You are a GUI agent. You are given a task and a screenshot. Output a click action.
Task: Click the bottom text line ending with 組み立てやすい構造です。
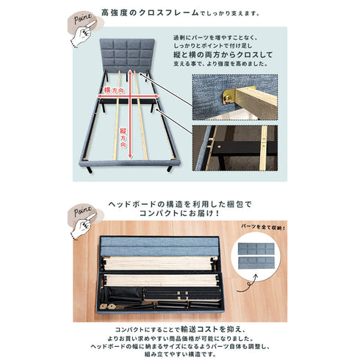pyautogui.click(x=180, y=351)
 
